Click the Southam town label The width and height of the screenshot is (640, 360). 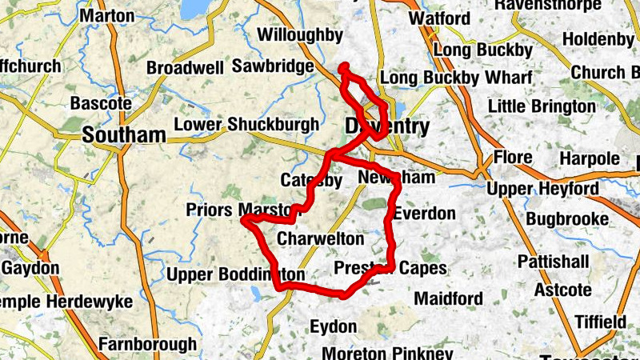coord(124,134)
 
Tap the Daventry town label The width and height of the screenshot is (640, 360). coord(387,126)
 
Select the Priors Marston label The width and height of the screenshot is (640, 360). coord(241,210)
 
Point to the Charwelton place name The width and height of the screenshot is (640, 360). coord(320,238)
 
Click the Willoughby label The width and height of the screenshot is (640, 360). coord(300,35)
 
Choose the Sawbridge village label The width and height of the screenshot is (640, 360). coord(272,66)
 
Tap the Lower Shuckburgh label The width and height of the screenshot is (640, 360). coord(246,125)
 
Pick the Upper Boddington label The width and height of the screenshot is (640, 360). coord(236,275)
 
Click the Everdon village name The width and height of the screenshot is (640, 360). coord(425,214)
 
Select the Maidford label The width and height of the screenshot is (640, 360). coord(449,298)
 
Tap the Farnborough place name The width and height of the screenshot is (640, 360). coord(147,345)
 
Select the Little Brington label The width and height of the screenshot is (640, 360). coord(542,106)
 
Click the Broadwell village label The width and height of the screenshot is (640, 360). coord(185,68)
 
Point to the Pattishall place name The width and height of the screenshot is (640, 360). coord(554,262)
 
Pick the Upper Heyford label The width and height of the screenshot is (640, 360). coord(543,188)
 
